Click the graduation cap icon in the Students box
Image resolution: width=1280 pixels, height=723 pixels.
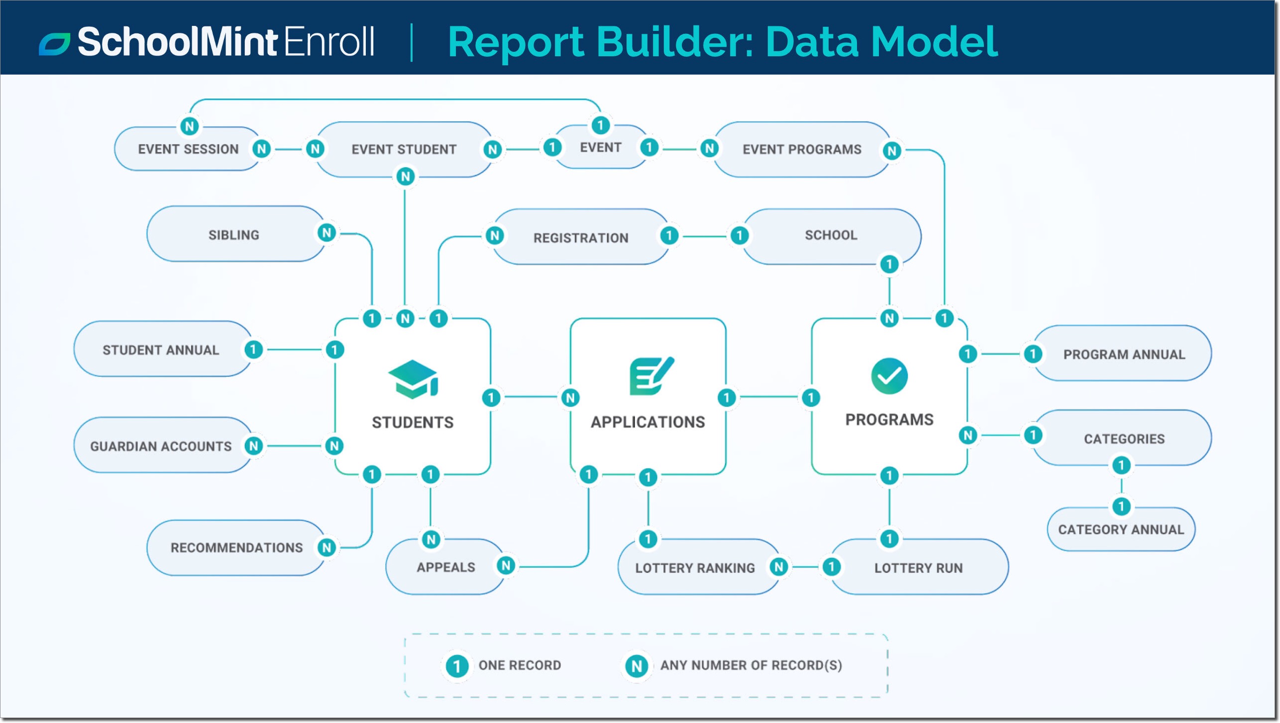point(413,379)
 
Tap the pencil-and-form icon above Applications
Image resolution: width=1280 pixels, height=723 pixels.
point(651,376)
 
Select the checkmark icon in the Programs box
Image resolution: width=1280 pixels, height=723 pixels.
point(889,376)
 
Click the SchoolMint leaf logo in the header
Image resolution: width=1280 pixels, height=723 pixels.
point(54,44)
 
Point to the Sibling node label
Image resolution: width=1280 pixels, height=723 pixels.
point(233,235)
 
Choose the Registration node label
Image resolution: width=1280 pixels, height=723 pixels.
point(580,238)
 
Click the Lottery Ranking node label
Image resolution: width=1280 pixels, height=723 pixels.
point(695,568)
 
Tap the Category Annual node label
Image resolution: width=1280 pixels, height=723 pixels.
point(1121,529)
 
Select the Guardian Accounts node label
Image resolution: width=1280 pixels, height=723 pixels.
point(161,446)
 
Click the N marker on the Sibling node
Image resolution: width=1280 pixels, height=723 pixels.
point(326,233)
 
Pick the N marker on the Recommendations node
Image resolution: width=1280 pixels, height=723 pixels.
point(326,547)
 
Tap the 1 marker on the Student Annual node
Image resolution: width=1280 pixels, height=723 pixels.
point(253,350)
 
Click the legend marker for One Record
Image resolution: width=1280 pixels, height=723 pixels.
point(456,666)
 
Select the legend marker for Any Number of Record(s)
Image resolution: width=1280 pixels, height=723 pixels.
point(637,666)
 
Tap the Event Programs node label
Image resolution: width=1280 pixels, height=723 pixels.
point(802,149)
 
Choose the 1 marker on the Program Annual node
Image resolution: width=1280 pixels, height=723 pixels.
point(1033,354)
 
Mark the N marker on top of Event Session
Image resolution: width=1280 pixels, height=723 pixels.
point(189,126)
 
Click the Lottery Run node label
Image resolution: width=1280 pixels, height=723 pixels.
point(918,568)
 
